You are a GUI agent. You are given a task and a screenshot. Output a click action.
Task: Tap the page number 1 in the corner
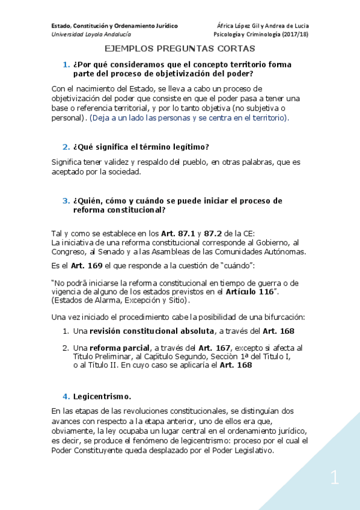coord(335,479)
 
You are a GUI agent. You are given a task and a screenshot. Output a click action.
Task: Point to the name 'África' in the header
coord(227,25)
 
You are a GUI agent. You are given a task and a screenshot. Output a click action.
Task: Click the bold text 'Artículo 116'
coord(247,292)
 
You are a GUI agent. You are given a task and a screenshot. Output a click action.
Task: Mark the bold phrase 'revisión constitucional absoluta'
coord(150,331)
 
